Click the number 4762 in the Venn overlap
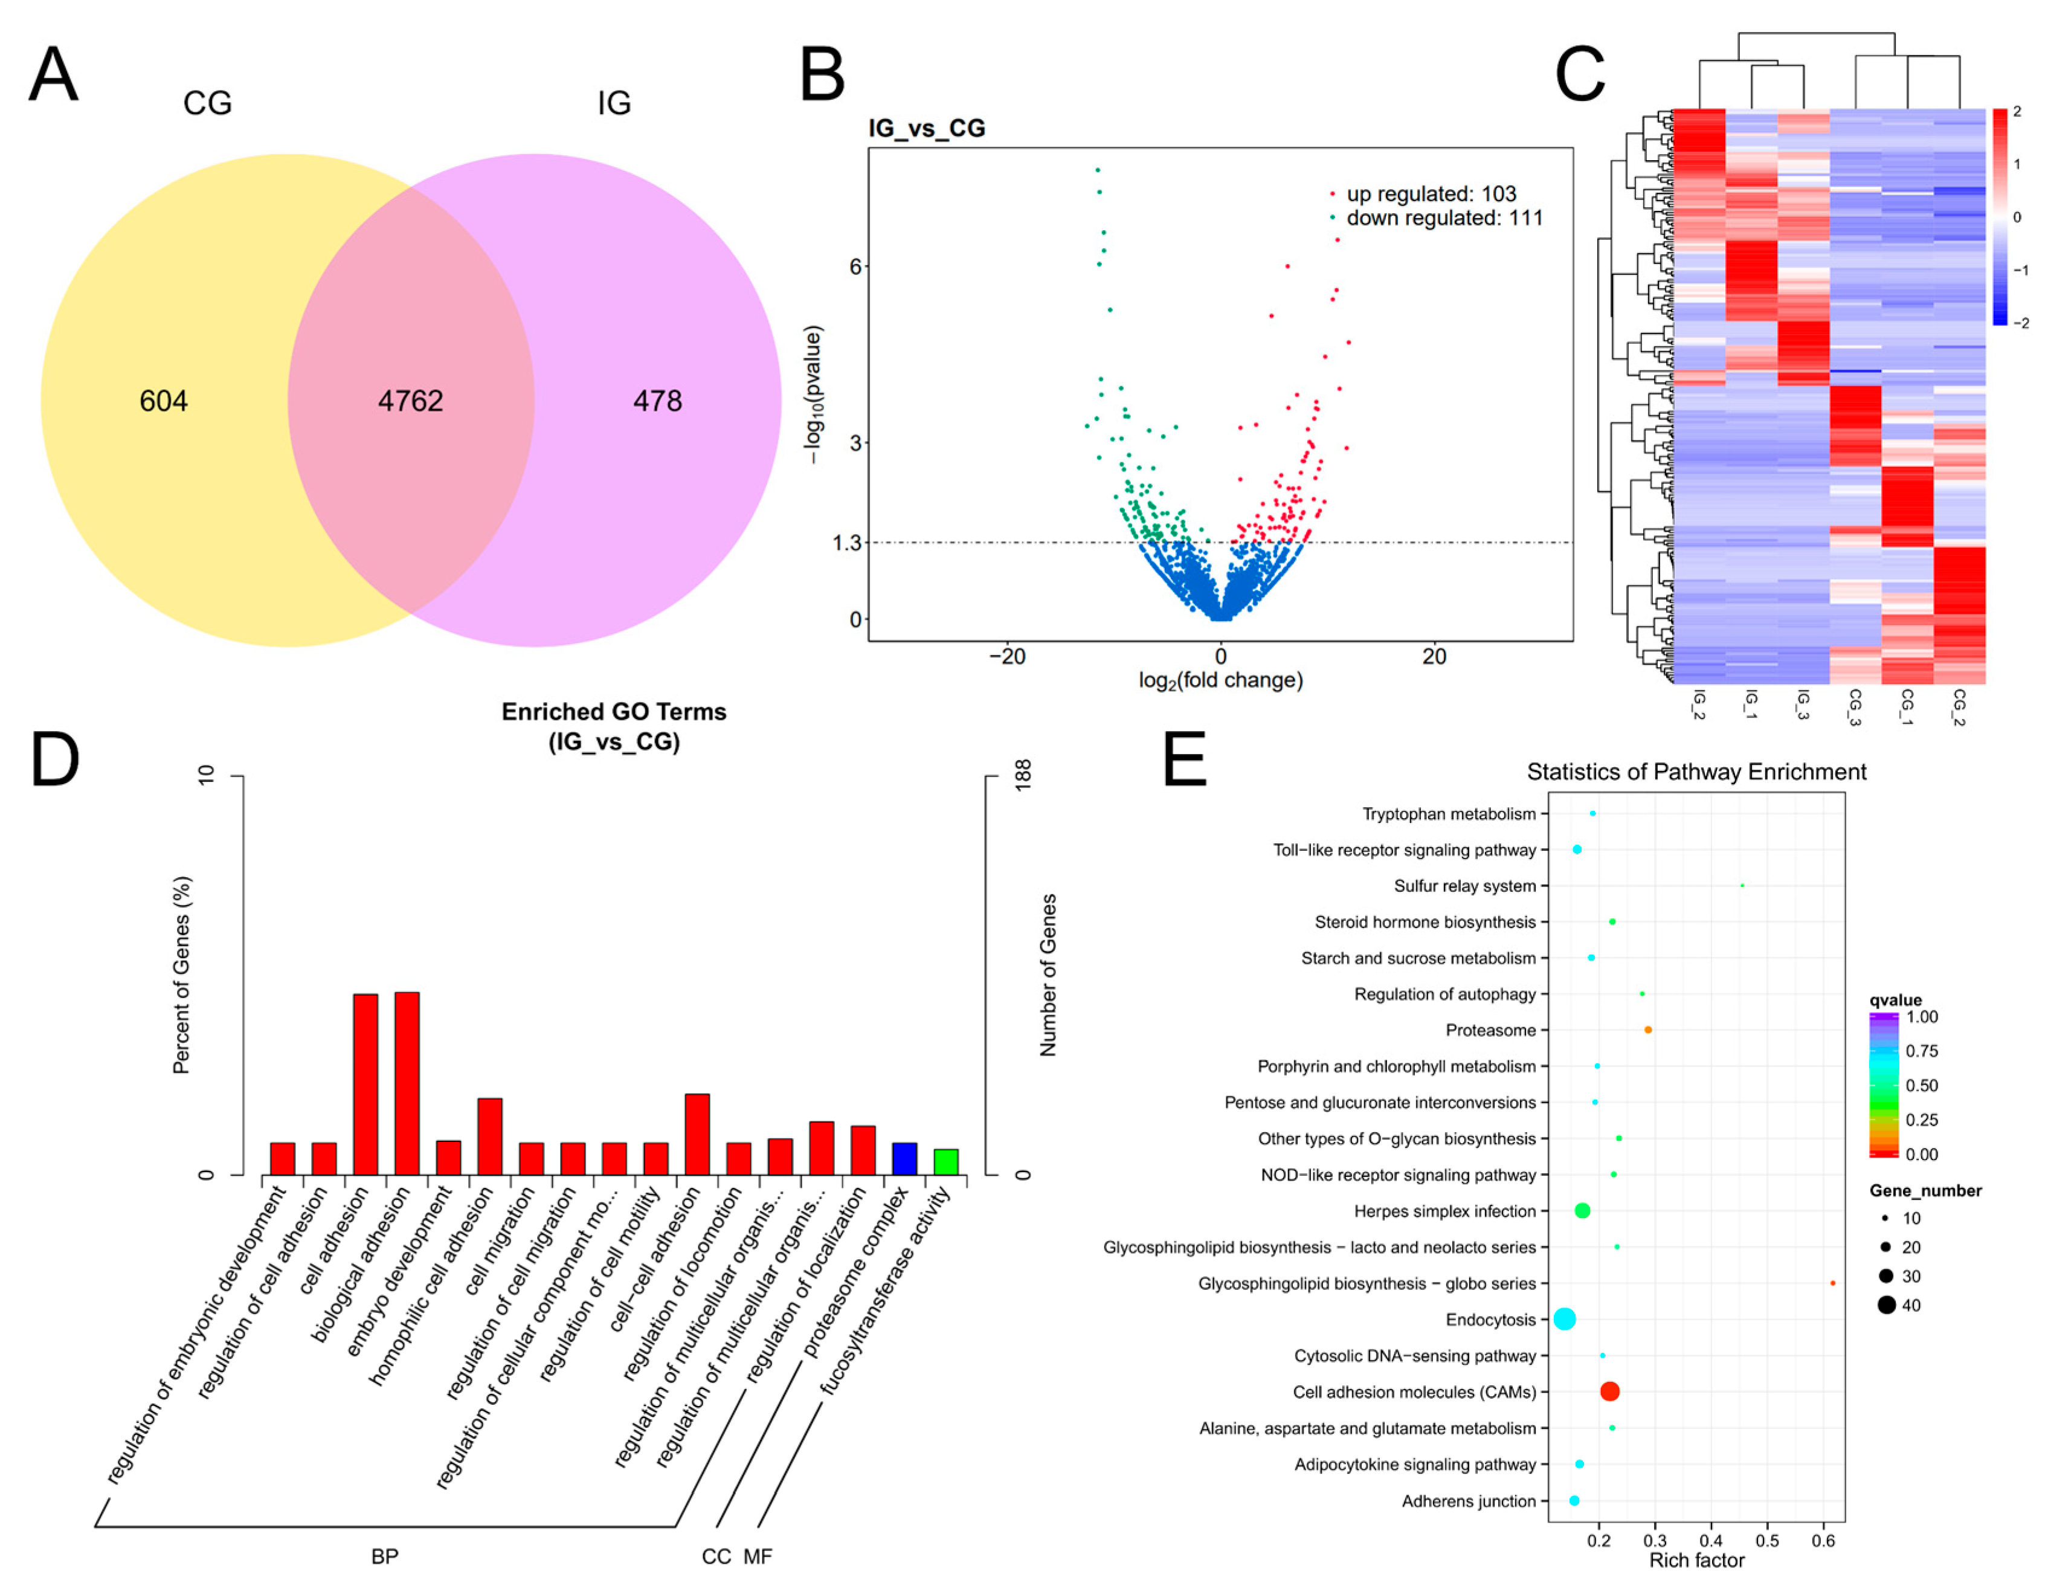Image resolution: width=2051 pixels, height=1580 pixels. pos(410,401)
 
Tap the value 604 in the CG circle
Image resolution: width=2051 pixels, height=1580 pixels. pos(163,401)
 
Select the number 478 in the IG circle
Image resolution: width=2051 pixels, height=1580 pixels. pos(657,401)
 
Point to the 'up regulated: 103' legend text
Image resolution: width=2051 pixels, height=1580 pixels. pos(1431,193)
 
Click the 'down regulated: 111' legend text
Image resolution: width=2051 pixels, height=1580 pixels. pos(1444,218)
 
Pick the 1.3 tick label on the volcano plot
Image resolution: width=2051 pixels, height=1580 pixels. pos(846,543)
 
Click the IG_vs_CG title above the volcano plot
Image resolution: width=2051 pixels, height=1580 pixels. pos(927,127)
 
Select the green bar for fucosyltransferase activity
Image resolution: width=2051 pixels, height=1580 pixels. pos(945,1161)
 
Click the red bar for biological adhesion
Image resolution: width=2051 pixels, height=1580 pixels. pos(407,1083)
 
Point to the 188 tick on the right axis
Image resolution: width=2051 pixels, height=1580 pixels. pos(1023,773)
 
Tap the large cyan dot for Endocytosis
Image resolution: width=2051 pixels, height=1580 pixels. pos(1565,1319)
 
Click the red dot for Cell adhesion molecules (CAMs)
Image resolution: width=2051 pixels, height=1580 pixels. pos(1609,1391)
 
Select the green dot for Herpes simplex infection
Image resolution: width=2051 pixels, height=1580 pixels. pos(1582,1211)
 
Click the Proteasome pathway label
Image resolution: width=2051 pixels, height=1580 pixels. pos(1490,1031)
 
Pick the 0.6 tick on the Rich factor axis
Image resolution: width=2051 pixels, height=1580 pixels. pos(1823,1541)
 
